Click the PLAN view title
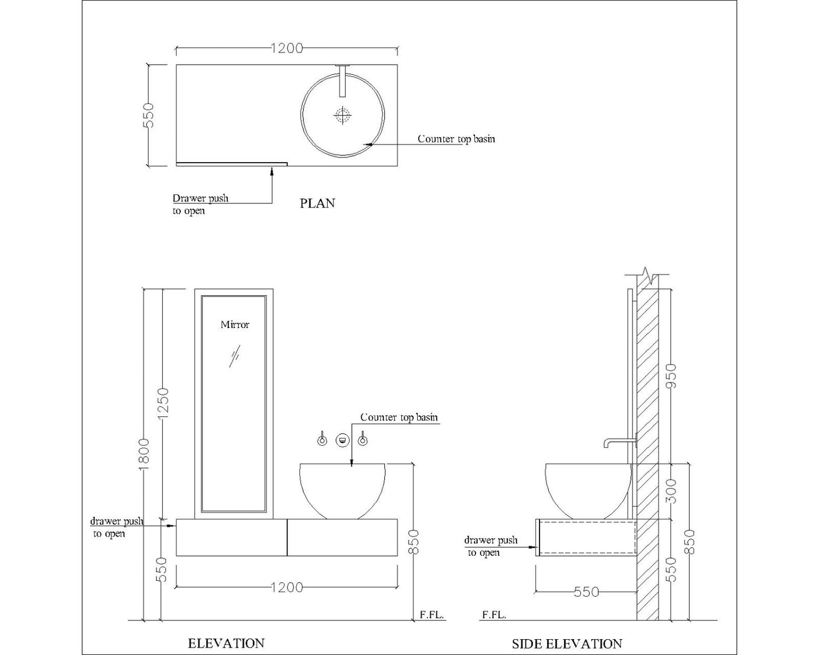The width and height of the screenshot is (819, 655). click(x=317, y=203)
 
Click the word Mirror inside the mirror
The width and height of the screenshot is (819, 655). click(x=235, y=325)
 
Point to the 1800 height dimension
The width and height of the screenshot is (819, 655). click(x=144, y=454)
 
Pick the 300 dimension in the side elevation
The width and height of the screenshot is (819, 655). click(x=672, y=491)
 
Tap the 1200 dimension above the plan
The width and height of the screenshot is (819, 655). click(x=287, y=48)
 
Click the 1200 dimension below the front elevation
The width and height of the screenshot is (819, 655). click(x=287, y=588)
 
